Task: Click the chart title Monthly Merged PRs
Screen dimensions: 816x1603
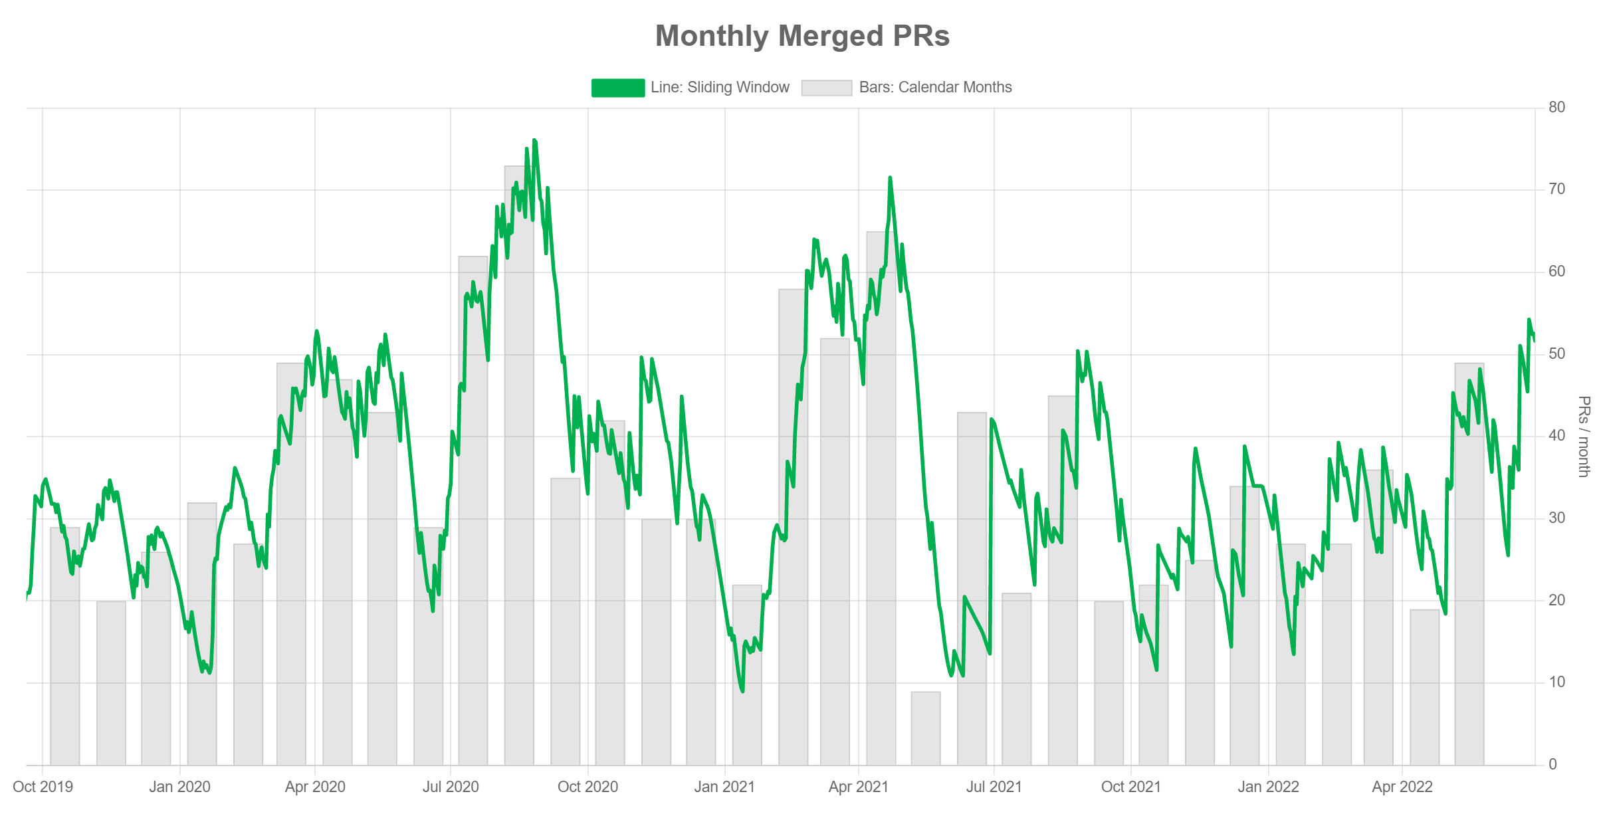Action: click(x=802, y=36)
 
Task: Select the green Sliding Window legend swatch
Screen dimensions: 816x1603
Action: click(x=617, y=88)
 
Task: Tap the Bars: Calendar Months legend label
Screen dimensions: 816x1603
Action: click(x=935, y=88)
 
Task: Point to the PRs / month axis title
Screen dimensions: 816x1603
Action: click(x=1583, y=436)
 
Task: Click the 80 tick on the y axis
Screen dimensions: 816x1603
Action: click(x=1556, y=107)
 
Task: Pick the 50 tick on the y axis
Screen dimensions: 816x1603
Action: click(x=1556, y=354)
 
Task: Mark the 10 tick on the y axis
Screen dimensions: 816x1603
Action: click(x=1556, y=682)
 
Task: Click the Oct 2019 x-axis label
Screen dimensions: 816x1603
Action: click(x=43, y=787)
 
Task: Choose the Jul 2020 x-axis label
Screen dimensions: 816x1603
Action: click(x=451, y=787)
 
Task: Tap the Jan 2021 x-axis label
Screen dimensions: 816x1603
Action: click(x=724, y=787)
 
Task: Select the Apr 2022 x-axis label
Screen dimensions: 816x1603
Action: click(x=1402, y=787)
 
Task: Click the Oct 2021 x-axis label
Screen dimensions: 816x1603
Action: click(x=1130, y=787)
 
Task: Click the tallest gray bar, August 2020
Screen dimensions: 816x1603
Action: click(x=519, y=465)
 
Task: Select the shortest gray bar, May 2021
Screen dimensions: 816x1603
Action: click(x=926, y=728)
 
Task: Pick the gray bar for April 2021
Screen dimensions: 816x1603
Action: click(x=881, y=498)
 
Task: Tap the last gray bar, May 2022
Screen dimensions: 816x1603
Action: click(x=1469, y=565)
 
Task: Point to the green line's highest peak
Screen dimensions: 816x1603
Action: click(x=534, y=141)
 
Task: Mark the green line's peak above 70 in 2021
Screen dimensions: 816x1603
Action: click(x=890, y=178)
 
